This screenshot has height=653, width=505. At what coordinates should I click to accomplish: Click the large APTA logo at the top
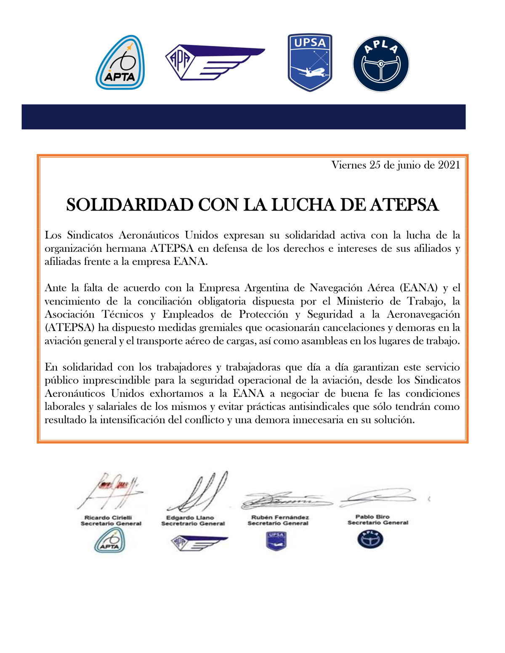[120, 62]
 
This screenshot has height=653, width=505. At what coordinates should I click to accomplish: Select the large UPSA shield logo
[310, 62]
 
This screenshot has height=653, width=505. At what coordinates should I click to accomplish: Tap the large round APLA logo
[381, 63]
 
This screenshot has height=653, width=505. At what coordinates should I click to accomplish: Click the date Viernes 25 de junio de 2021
[396, 165]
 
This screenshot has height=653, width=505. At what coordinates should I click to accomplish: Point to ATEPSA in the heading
[404, 205]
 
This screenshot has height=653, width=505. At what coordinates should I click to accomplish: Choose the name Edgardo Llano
[190, 517]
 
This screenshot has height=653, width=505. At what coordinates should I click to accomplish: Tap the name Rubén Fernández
[280, 517]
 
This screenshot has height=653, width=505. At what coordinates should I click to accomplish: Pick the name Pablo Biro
[372, 516]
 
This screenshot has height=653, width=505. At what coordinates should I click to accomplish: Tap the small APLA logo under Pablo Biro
[370, 539]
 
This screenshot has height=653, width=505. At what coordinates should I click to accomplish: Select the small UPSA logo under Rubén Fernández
[276, 540]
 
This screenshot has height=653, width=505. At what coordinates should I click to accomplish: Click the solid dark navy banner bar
[243, 116]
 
